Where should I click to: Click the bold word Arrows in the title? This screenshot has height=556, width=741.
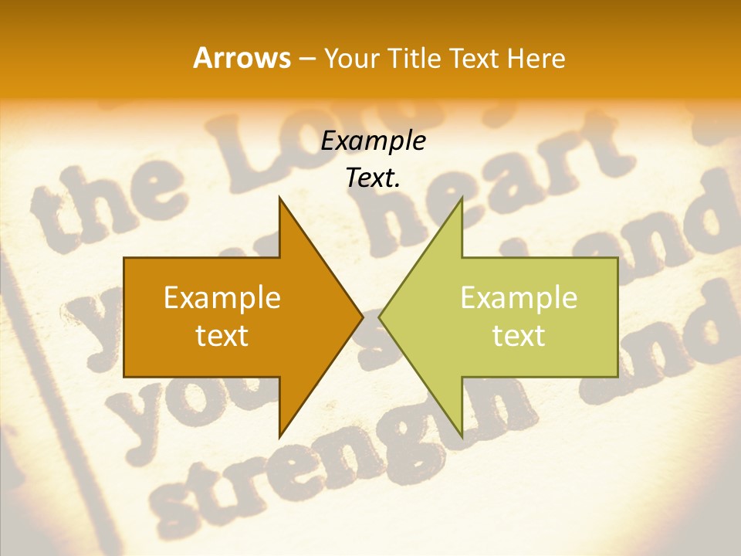[242, 58]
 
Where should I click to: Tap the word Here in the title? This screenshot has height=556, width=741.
[536, 58]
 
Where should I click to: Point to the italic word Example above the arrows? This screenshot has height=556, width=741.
[374, 141]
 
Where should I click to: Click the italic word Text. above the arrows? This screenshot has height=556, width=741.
[374, 178]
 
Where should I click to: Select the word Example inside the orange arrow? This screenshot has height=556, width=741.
[222, 297]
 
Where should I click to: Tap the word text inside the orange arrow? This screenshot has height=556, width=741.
[222, 335]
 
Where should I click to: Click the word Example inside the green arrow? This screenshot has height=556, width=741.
[519, 297]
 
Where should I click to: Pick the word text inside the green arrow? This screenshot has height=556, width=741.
[519, 335]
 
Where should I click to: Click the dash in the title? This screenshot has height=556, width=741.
[306, 59]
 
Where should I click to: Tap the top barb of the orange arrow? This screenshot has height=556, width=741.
[283, 205]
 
